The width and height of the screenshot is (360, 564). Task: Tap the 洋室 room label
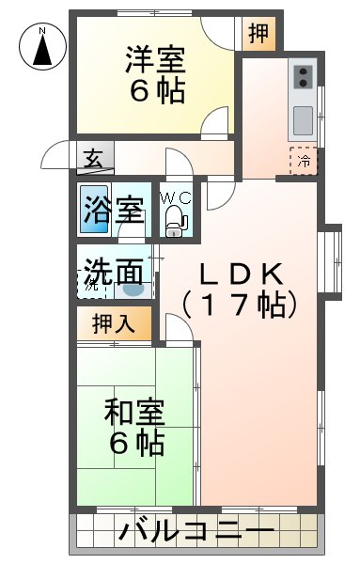pos(155,60)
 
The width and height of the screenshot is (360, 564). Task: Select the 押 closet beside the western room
pos(258,34)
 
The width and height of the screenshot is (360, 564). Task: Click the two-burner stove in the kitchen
pos(303,77)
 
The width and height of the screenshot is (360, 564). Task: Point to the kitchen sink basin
pos(303,120)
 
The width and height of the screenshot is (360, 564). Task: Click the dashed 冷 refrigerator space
pos(304,161)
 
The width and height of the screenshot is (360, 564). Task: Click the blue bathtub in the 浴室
pos(94,209)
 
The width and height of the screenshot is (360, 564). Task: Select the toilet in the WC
pos(175,221)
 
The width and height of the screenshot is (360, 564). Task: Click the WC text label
pos(176,197)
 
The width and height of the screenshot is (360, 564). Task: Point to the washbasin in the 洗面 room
pos(133,290)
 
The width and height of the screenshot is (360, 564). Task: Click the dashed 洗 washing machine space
pos(92,284)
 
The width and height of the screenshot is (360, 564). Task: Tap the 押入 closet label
pos(114,323)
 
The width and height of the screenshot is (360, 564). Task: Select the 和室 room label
pos(134,412)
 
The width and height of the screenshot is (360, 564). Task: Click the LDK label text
pos(241,274)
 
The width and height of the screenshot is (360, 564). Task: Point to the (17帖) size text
pos(240,305)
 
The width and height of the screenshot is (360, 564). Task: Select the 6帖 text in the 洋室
pos(157,91)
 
